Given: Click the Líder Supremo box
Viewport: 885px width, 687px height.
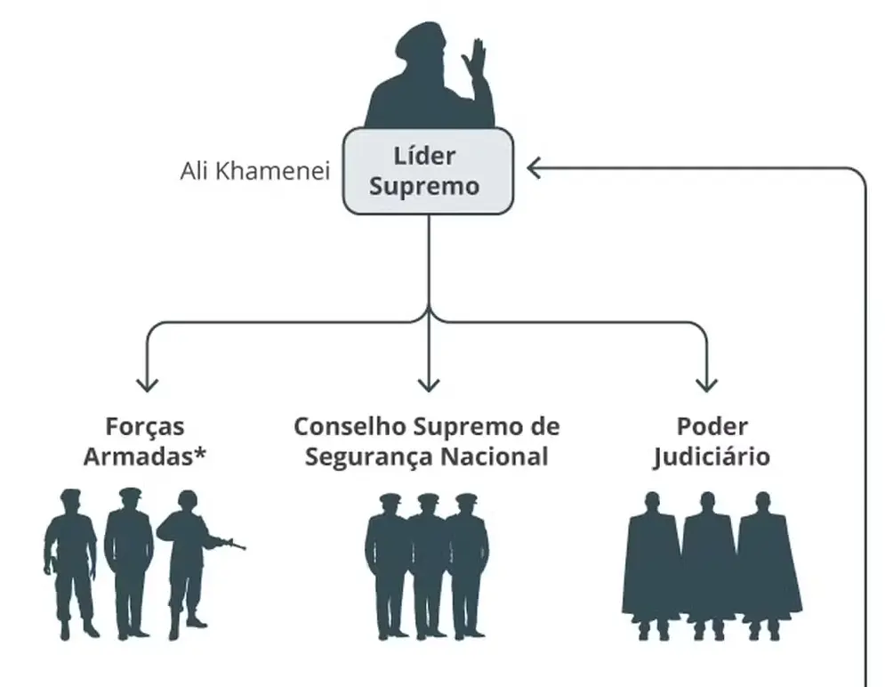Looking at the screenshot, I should (x=428, y=171).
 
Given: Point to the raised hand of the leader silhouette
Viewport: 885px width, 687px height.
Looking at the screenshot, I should (x=475, y=60).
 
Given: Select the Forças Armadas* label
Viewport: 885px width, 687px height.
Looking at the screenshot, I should (x=145, y=441).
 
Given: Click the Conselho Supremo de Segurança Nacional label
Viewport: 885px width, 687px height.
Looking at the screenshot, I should (x=427, y=441).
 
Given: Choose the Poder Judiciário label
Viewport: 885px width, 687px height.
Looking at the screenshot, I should (x=711, y=441).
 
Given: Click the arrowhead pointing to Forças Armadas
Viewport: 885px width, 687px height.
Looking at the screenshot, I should (x=147, y=384).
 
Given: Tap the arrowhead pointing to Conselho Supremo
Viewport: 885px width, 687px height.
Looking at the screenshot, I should (x=429, y=384).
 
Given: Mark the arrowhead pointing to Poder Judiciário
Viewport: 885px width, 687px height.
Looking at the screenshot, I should (x=707, y=384).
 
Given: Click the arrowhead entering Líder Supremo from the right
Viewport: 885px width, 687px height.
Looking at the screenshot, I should (x=534, y=166).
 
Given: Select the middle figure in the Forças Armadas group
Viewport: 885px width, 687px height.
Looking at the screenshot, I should (x=129, y=561).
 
